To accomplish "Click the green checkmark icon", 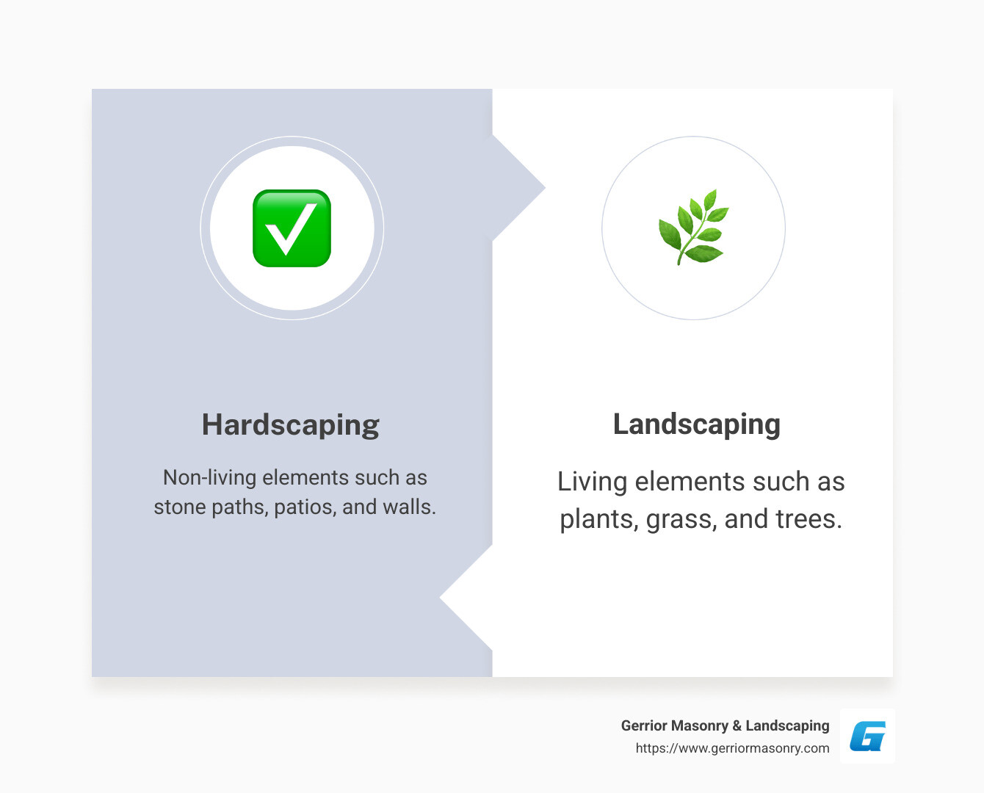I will click(292, 228).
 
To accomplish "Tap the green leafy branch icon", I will click(693, 228).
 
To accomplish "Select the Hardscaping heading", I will click(290, 425).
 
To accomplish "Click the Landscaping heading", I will click(696, 424).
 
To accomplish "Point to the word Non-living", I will click(209, 478).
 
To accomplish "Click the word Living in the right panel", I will click(592, 482).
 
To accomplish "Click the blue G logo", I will click(867, 736).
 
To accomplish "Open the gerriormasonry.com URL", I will click(732, 748).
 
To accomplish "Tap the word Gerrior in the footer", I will click(643, 725).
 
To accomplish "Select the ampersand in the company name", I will click(737, 725).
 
